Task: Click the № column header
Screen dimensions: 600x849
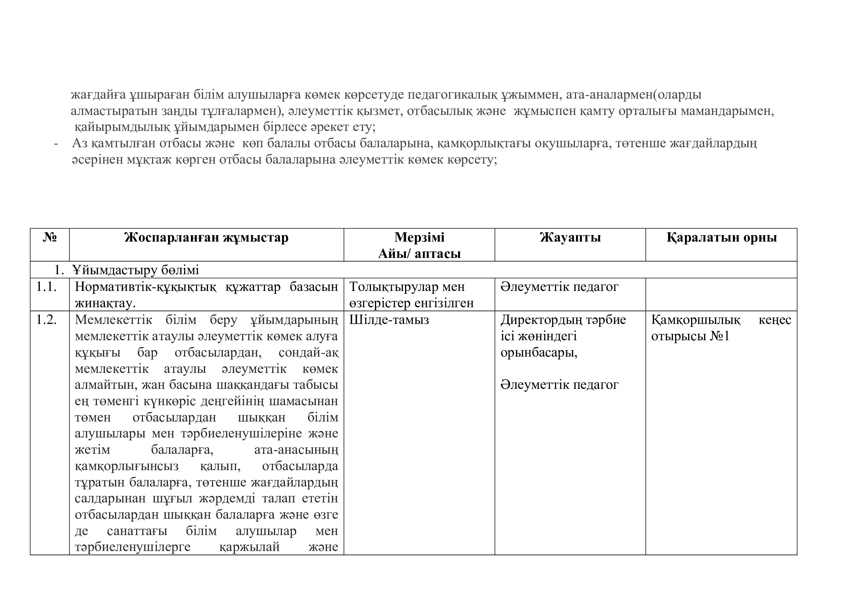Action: point(50,237)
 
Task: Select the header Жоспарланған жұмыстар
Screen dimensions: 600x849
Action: point(206,237)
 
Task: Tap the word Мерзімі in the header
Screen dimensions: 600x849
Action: point(419,237)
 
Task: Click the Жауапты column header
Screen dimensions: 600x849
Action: point(570,237)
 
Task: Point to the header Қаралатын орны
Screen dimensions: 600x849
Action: point(722,237)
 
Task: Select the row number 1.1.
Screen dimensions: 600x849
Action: point(46,287)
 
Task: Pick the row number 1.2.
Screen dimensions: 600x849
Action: point(46,320)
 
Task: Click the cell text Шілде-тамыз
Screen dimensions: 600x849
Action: point(389,320)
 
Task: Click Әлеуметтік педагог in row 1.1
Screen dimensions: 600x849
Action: point(559,287)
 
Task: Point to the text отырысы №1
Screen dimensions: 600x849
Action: point(690,336)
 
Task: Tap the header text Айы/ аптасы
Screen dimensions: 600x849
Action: point(419,254)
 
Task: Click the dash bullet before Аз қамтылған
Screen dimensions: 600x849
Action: point(56,143)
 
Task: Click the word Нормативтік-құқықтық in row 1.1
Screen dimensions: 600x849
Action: point(145,287)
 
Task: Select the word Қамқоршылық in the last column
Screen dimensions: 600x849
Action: point(695,320)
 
